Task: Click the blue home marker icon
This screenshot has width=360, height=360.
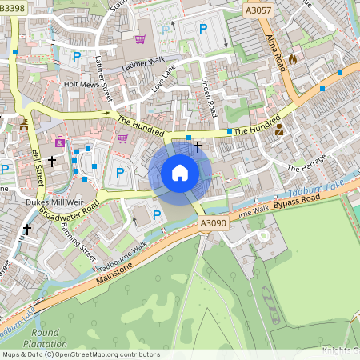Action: point(180,172)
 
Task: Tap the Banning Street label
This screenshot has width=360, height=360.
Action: point(78,241)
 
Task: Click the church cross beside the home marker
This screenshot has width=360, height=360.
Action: point(197,147)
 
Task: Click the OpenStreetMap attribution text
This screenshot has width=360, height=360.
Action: point(80,354)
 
